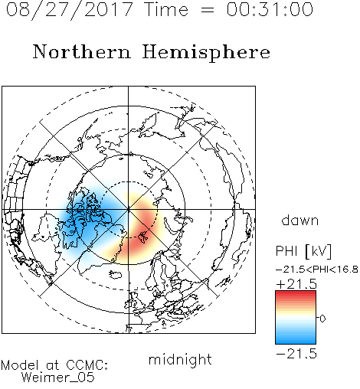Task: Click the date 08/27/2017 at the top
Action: point(69,10)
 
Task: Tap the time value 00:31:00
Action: point(270,9)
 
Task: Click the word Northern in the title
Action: point(82,52)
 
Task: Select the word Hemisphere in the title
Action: point(206,53)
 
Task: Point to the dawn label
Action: point(300,220)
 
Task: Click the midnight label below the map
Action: point(180,360)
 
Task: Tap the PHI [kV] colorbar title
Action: point(303,251)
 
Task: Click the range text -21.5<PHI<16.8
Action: point(317,270)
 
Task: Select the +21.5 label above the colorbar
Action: point(296,284)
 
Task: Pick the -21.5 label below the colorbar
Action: point(296,354)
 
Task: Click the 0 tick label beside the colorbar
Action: point(322,319)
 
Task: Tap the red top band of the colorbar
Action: point(296,294)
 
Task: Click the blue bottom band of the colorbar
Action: point(296,340)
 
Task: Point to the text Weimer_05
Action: point(58,378)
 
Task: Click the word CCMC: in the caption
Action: point(87,365)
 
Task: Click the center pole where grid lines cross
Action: point(128,209)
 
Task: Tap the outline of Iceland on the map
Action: point(115,275)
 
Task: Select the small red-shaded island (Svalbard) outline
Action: point(143,237)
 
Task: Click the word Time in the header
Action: point(166,9)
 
